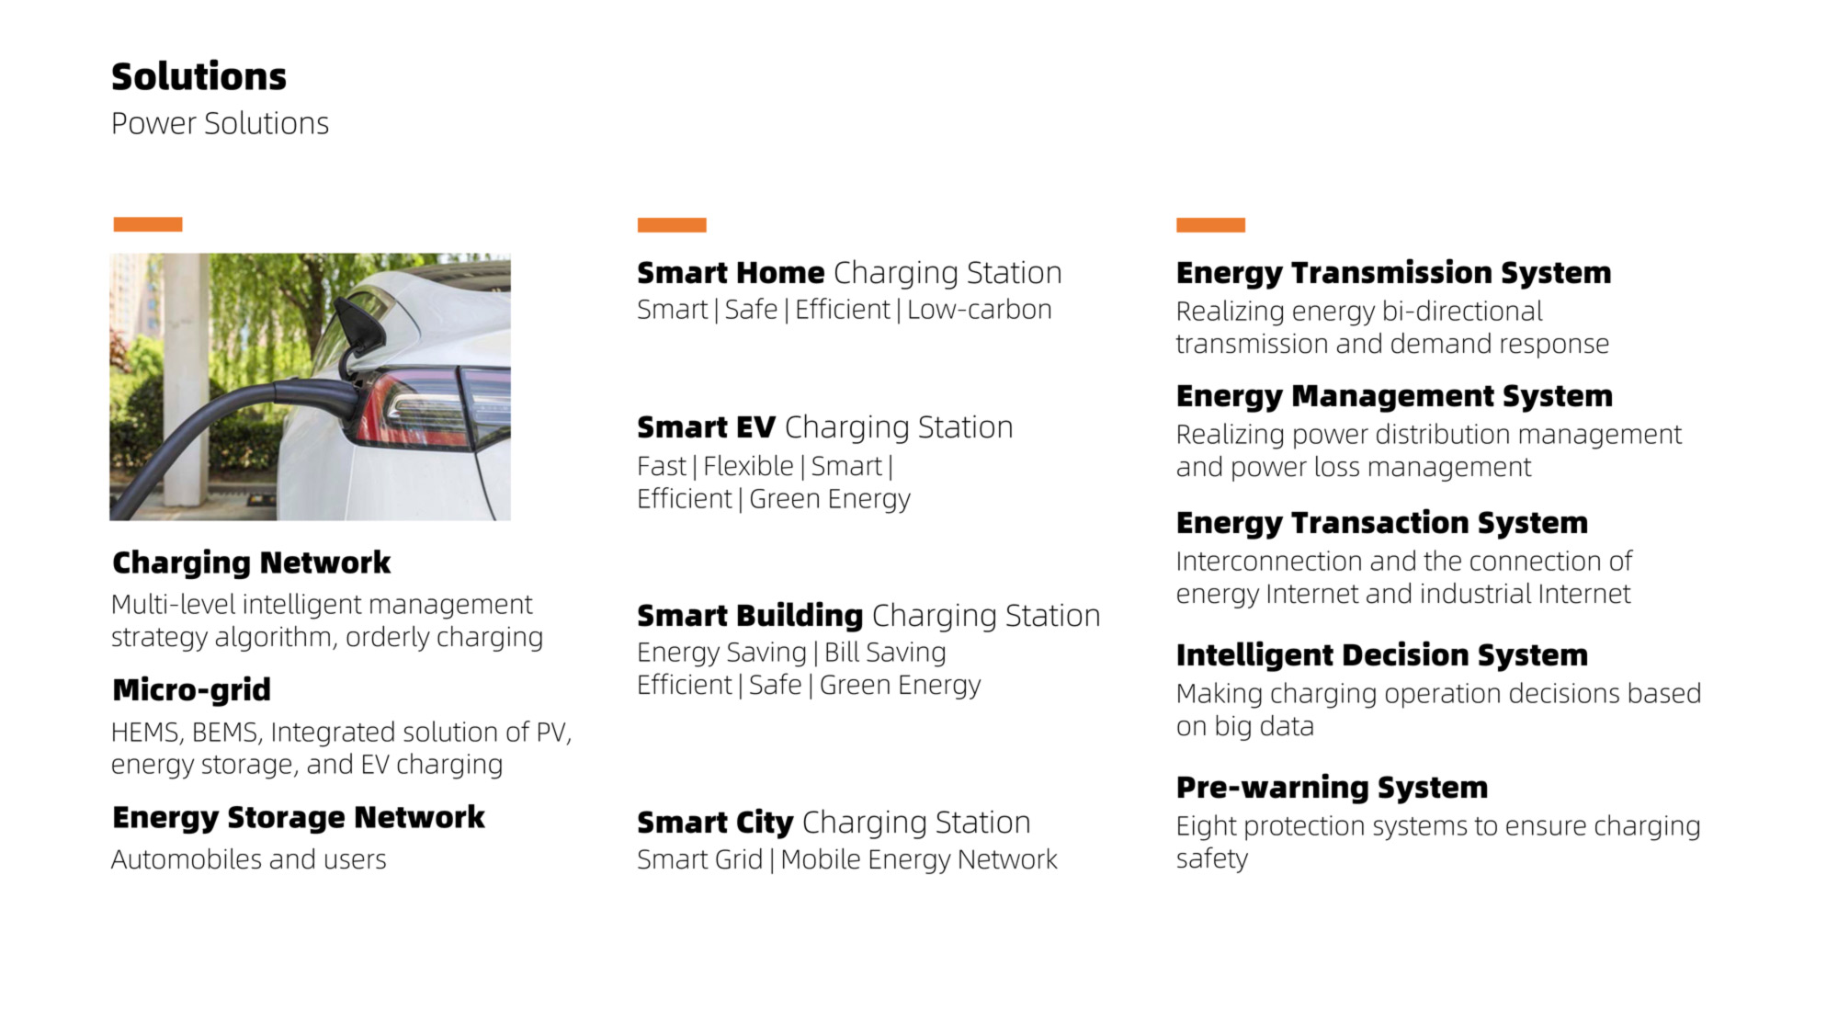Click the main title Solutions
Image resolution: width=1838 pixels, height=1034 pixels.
coord(199,76)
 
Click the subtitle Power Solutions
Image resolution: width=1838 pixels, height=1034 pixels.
coord(220,123)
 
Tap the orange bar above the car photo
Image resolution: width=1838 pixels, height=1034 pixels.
coord(148,224)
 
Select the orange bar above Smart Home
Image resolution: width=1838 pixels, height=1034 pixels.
coord(672,225)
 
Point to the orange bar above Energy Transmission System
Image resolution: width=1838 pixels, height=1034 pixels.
coord(1210,225)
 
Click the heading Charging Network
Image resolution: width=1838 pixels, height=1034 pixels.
coord(251,562)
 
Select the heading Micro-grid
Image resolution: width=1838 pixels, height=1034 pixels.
coord(191,689)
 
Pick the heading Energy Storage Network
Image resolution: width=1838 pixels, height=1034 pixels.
coord(299,817)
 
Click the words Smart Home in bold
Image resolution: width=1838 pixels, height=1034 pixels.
coord(731,273)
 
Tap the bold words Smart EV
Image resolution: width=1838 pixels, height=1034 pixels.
coord(706,427)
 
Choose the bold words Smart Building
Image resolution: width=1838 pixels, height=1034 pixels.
coord(750,616)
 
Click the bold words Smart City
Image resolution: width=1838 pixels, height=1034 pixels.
coord(715,823)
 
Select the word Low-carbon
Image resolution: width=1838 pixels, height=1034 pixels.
coord(979,310)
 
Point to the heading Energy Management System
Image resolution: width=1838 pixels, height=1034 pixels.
coord(1394,396)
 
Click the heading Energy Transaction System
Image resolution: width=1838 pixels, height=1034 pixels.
coord(1382,523)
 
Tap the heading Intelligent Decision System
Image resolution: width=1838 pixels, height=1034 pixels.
coord(1382,655)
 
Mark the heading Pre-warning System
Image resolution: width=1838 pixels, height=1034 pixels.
coord(1332,788)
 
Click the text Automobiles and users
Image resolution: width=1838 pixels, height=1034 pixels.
coord(249,859)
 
